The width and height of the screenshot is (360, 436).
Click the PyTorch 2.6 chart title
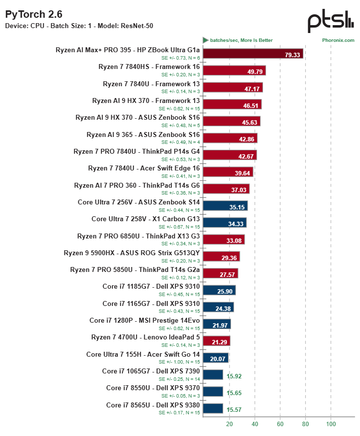33,14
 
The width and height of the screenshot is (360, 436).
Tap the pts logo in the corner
330,21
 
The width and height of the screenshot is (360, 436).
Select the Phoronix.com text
338,40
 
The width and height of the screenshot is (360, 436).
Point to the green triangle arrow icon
205,40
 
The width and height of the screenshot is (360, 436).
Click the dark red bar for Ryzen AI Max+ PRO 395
253,54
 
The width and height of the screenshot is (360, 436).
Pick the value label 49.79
255,72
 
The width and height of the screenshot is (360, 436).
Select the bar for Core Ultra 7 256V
225,206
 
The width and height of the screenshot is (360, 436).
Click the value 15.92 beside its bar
234,376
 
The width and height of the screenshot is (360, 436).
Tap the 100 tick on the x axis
331,424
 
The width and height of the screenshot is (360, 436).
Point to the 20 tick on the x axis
229,424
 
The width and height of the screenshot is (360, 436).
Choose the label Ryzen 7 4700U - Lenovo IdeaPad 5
145,337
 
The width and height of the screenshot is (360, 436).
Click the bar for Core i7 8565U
213,408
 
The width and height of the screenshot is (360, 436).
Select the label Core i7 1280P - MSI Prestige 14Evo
145,321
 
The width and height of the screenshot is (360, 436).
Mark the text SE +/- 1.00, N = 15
179,362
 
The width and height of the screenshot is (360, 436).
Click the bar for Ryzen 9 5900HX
221,256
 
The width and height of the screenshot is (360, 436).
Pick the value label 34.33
236,224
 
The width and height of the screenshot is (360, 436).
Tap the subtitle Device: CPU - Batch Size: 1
48,26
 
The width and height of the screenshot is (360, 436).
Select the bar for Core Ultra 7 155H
215,358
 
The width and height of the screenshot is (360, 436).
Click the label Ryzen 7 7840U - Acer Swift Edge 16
144,168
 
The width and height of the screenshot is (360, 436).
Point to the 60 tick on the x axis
280,424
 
